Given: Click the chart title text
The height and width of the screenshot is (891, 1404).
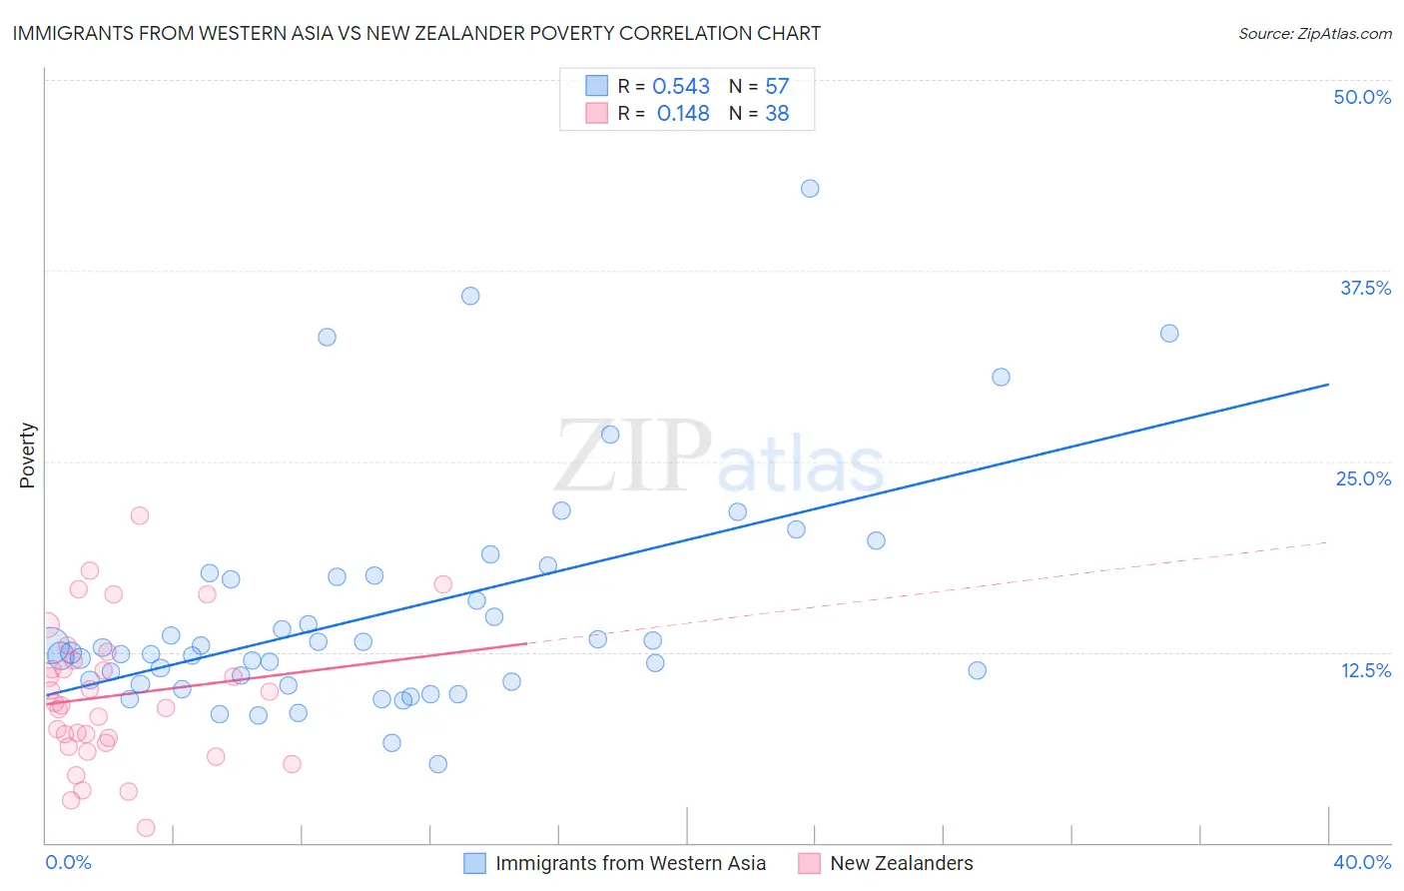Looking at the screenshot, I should coord(416,33).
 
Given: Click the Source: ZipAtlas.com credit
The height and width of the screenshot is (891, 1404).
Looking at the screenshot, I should coord(1314,33).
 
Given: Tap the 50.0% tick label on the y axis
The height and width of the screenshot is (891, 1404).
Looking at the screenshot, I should coord(1362,97).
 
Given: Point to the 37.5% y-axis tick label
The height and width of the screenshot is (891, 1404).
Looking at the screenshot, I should coord(1365,288).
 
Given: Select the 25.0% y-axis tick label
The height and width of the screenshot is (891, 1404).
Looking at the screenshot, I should coord(1363,478).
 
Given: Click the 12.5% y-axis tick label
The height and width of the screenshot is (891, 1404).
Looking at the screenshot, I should coord(1365,670).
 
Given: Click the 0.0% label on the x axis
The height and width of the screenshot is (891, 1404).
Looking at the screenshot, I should coord(69,862).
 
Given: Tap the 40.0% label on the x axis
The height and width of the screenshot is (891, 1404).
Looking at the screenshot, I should coord(1361,862).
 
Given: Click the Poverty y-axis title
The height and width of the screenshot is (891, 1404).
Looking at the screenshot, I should coord(27,455).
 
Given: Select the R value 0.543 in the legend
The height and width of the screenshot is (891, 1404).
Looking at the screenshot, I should coord(681,87).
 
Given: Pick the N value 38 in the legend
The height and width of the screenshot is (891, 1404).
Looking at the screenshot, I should coord(777,114).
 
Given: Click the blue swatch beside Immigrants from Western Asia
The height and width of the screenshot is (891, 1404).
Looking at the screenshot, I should coord(475,863).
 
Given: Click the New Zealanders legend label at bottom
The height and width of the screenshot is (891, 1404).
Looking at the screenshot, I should coord(901,863).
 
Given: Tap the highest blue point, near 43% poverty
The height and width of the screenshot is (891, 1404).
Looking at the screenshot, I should coord(810,189).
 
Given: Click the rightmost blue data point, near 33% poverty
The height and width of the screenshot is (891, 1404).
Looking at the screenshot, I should coord(1169,334).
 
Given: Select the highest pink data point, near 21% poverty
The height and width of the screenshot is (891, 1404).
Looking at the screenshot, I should coord(140,515).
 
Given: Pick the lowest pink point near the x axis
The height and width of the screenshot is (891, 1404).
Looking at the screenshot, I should coord(146,827).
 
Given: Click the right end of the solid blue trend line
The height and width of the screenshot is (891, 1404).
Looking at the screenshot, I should coord(1328,384).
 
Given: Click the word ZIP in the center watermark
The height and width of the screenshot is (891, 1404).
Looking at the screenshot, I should coord(633,456).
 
